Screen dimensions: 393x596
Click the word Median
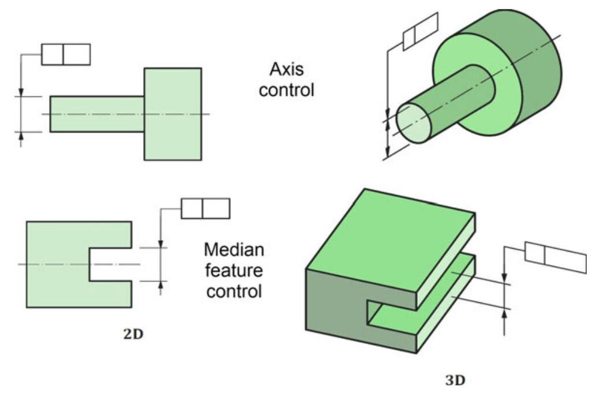(x=234, y=250)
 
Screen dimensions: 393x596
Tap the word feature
(x=234, y=271)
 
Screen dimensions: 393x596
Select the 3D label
(x=455, y=380)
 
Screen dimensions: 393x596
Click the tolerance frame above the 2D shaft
(x=66, y=54)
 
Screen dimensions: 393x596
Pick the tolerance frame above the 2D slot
(x=205, y=208)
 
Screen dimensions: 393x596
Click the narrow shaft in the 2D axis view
(x=96, y=114)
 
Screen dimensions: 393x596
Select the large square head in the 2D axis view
(x=173, y=114)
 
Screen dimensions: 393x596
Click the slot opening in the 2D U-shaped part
(x=110, y=264)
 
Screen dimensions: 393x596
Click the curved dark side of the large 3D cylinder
(x=537, y=81)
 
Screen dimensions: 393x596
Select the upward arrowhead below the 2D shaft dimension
(x=21, y=136)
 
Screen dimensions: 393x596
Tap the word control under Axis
(x=286, y=91)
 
